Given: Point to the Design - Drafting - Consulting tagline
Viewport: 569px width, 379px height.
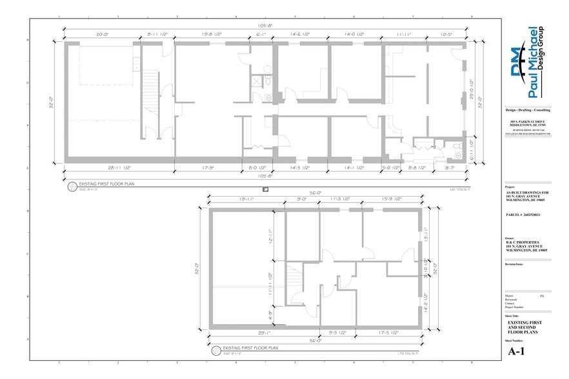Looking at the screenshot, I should tap(528, 111).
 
